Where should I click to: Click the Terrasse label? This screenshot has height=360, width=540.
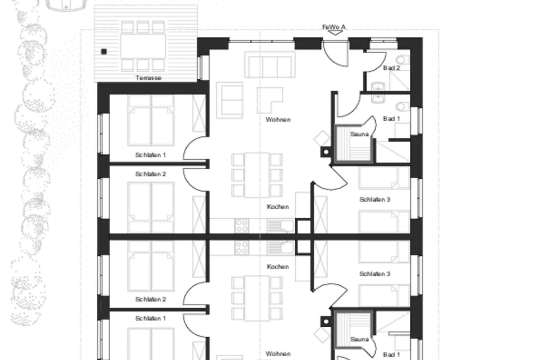(x=148, y=78)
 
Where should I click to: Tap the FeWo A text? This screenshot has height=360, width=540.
(x=334, y=27)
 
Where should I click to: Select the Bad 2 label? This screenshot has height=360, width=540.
(x=391, y=68)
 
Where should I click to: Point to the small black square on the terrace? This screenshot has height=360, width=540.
(x=104, y=52)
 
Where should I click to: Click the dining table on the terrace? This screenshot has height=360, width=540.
(x=143, y=46)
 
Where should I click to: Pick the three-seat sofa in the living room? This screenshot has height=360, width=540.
(x=270, y=64)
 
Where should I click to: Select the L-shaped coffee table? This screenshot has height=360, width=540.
(x=270, y=100)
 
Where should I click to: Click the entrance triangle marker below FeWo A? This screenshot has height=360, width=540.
(x=335, y=33)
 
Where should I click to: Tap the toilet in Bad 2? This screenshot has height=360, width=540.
(x=404, y=59)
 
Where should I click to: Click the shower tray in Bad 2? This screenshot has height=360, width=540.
(x=400, y=81)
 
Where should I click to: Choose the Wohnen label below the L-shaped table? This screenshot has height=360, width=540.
(x=278, y=120)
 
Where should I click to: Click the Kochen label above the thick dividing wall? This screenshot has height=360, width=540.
(x=278, y=207)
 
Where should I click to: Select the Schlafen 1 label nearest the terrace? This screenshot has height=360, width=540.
(x=150, y=155)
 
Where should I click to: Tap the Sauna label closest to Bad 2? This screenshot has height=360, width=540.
(x=360, y=134)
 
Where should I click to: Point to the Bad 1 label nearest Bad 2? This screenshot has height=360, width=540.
(x=391, y=119)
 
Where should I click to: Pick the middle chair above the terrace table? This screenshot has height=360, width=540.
(x=143, y=27)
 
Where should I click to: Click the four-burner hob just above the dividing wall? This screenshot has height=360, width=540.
(x=242, y=226)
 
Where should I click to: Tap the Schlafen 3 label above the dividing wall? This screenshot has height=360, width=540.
(x=374, y=199)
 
